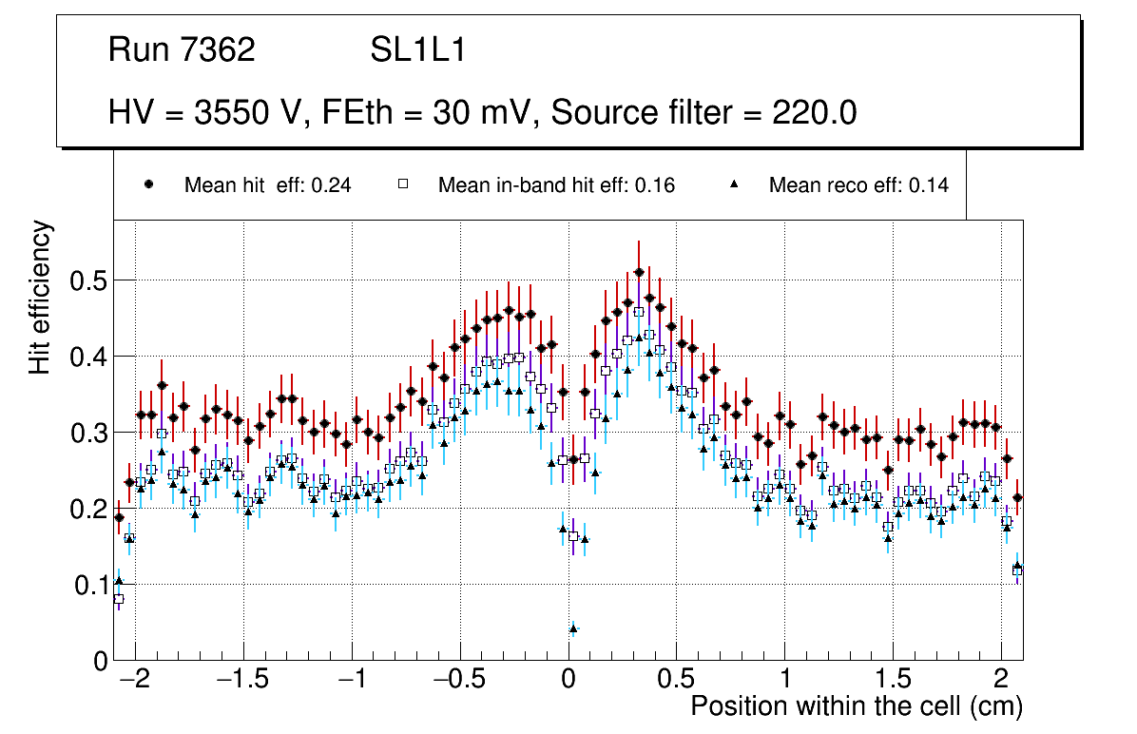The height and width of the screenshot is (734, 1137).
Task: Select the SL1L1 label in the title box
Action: coord(418,50)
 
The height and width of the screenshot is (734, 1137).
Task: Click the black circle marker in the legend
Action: coord(149,185)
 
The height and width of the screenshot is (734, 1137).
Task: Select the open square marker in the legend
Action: coord(402,185)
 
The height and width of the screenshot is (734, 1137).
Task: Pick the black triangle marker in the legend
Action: coord(733,185)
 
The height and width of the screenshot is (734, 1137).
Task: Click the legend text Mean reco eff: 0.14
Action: coord(858,185)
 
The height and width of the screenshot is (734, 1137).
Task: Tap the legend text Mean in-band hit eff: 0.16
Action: coord(556,185)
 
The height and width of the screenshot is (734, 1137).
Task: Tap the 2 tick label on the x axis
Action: coord(1000,681)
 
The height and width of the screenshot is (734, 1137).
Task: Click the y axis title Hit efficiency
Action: coord(40,298)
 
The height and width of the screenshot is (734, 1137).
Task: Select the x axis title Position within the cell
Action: coord(856,707)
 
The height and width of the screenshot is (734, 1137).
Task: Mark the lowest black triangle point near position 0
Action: coord(573,628)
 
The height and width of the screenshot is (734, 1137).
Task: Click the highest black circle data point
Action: coord(639,272)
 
